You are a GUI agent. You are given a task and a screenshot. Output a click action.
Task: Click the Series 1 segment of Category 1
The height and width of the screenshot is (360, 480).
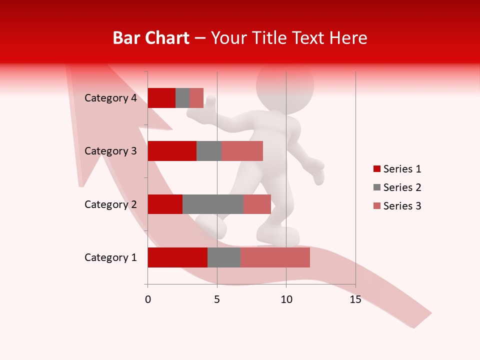point(177,257)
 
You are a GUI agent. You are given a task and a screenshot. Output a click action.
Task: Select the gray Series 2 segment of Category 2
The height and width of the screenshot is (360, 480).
point(213,204)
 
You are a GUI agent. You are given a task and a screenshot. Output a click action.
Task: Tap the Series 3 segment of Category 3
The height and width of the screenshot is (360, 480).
point(242,151)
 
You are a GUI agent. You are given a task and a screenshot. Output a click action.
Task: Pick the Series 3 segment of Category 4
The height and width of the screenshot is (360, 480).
point(196,98)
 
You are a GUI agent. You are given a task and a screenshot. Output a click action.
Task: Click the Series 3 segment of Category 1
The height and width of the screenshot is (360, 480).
point(275,257)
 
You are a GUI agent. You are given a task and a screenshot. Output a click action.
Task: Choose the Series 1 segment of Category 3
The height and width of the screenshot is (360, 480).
point(172,151)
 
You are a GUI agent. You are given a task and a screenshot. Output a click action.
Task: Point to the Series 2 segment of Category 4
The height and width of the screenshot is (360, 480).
point(182,98)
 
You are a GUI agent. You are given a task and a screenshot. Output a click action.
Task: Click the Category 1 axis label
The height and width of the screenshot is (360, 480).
point(110,257)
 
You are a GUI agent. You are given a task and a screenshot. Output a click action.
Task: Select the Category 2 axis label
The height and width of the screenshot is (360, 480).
point(110,204)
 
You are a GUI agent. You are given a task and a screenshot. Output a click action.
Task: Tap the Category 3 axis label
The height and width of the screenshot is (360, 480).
point(110,151)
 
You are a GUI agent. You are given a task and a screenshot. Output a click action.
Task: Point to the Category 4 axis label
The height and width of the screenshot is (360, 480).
point(110,98)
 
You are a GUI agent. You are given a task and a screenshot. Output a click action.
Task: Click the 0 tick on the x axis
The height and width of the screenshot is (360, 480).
point(148,299)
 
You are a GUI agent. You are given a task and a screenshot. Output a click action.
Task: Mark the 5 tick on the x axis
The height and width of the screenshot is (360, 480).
point(217,299)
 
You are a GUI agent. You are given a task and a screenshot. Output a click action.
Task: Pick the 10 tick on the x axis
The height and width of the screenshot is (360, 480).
point(286,299)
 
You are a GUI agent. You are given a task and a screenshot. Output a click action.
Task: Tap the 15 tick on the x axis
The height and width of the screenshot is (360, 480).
point(355,299)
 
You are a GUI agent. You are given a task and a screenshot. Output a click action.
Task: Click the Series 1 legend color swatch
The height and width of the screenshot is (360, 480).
point(376,169)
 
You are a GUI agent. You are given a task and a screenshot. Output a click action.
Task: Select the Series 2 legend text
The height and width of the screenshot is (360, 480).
point(402,187)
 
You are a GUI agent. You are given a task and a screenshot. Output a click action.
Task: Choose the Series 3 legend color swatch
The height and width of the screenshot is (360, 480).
point(376,206)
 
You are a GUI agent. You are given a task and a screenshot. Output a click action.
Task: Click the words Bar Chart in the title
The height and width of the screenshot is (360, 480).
point(151,38)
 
